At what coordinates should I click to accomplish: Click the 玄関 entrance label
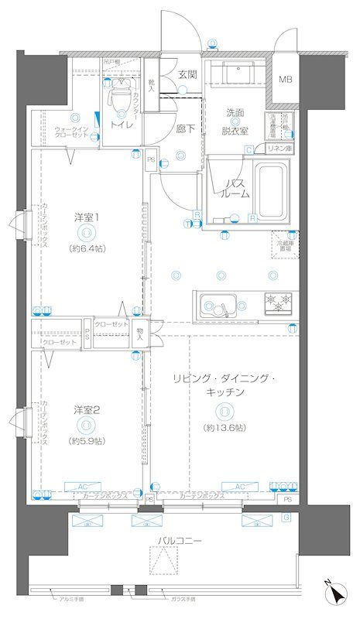[187, 75]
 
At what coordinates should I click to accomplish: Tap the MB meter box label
[286, 80]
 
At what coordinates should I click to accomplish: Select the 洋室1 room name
[85, 217]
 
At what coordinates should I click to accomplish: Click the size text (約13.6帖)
[225, 428]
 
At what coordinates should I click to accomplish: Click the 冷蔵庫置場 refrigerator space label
[286, 245]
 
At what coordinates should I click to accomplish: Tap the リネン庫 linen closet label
[278, 149]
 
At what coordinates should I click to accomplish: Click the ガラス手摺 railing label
[183, 598]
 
